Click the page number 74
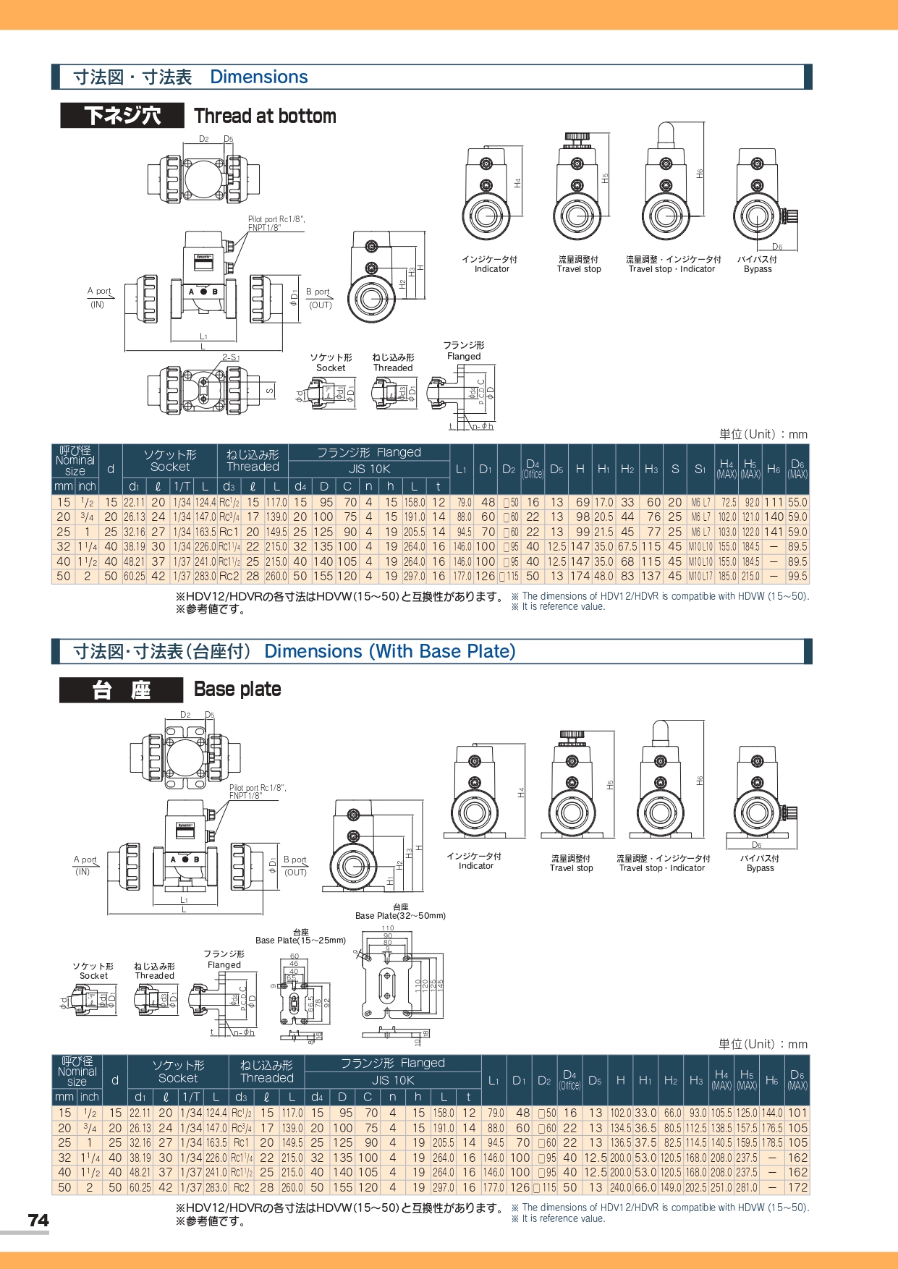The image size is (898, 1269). pyautogui.click(x=38, y=1221)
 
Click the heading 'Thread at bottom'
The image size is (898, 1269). pyautogui.click(x=265, y=116)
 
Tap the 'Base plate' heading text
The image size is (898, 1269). pyautogui.click(x=237, y=689)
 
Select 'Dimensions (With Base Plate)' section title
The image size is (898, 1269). pyautogui.click(x=389, y=651)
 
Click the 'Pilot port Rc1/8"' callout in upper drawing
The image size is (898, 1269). pyautogui.click(x=276, y=219)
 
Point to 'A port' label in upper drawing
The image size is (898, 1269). pyautogui.click(x=99, y=291)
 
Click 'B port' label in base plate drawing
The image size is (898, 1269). pyautogui.click(x=295, y=860)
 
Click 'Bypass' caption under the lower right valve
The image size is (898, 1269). pyautogui.click(x=760, y=868)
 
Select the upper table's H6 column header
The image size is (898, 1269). pyautogui.click(x=774, y=469)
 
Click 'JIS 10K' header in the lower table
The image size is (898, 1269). pyautogui.click(x=393, y=1080)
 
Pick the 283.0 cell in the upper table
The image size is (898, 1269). pyautogui.click(x=206, y=577)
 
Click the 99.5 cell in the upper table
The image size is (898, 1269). pyautogui.click(x=797, y=577)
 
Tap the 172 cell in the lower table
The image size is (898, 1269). pyautogui.click(x=797, y=1187)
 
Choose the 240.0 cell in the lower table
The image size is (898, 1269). pyautogui.click(x=620, y=1187)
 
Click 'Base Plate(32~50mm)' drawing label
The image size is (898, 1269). pyautogui.click(x=400, y=915)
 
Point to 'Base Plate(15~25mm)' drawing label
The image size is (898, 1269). pyautogui.click(x=300, y=941)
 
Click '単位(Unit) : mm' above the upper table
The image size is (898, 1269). pyautogui.click(x=763, y=434)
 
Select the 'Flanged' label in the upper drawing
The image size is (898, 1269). pyautogui.click(x=464, y=356)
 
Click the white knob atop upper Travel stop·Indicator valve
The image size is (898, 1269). pyautogui.click(x=665, y=134)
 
